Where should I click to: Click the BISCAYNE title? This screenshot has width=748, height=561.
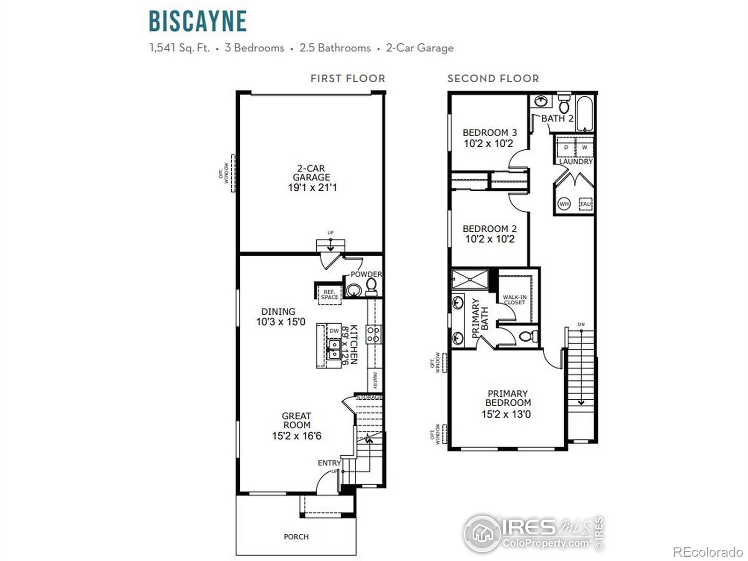198,21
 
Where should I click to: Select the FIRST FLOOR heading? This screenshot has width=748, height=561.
348,79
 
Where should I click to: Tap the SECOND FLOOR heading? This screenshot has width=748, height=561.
493,79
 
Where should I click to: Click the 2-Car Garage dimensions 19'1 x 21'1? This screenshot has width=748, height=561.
312,187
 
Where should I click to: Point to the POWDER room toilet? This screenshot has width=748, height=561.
372,286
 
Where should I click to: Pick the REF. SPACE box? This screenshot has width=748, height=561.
330,295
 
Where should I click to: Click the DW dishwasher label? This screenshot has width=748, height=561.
334,331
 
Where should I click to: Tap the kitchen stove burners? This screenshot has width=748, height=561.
373,334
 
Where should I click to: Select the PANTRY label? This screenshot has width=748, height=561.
375,380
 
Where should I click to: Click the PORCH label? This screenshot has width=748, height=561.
296,537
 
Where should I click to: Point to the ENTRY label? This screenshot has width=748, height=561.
329,463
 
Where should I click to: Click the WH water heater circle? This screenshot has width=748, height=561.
564,204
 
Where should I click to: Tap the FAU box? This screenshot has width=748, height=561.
585,204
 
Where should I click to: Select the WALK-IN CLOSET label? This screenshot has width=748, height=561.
514,300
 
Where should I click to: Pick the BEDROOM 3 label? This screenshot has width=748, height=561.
489,133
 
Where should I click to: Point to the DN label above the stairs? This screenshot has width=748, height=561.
581,324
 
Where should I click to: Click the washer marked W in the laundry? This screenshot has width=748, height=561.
584,147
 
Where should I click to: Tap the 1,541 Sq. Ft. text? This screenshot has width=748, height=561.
180,48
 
